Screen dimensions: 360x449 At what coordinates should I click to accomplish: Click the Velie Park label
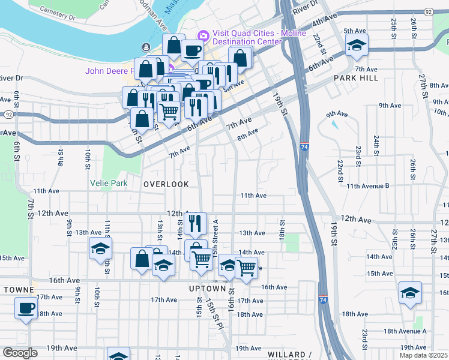click(x=109, y=183)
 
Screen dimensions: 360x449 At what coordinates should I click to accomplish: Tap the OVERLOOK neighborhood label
click(x=166, y=184)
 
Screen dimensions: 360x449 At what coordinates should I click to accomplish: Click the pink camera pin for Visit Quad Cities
click(x=203, y=35)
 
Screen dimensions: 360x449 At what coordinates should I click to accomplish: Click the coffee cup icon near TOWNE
click(x=26, y=308)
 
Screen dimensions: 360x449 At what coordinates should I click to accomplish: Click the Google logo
click(x=20, y=353)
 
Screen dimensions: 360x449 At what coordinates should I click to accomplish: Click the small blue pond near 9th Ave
click(x=334, y=125)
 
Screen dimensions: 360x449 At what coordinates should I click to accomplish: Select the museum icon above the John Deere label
click(x=146, y=47)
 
